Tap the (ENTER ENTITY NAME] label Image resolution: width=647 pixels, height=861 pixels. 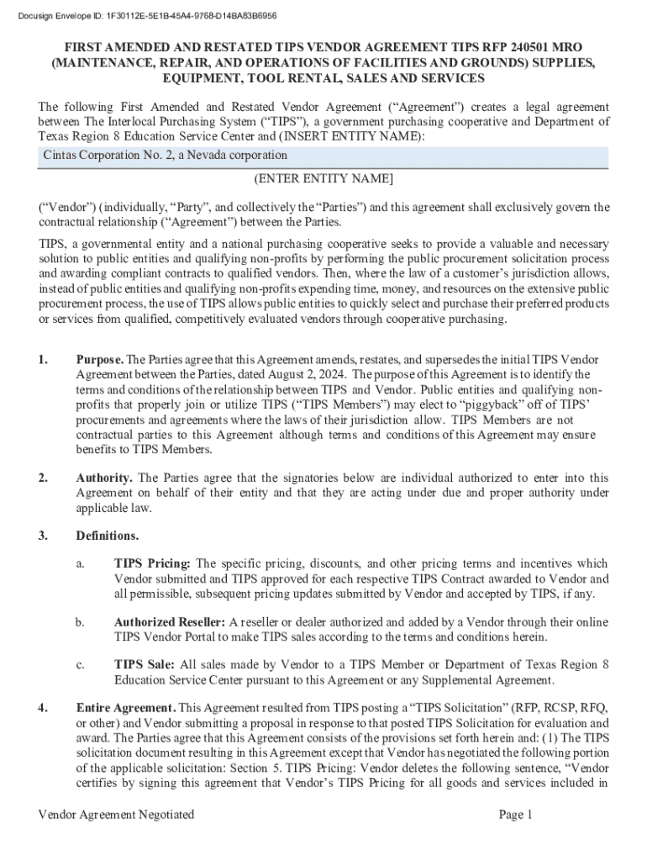[x=323, y=179]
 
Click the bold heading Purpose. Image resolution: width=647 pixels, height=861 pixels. [x=100, y=361]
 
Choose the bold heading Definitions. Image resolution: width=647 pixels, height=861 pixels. [x=108, y=536]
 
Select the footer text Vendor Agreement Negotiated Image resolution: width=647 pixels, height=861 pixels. [x=117, y=814]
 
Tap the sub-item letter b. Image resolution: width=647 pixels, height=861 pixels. [x=80, y=622]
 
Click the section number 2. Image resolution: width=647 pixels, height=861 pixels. [x=43, y=478]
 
